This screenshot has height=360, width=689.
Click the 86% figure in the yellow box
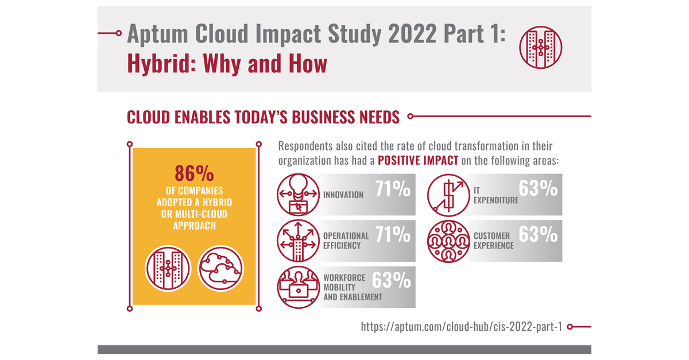coord(194,173)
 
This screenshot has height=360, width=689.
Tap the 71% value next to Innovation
coord(393,189)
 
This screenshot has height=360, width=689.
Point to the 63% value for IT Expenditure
coord(538,188)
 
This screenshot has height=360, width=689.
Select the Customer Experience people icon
coord(447,240)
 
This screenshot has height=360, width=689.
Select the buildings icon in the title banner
coord(540,47)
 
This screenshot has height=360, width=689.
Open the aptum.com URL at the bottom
coord(461,327)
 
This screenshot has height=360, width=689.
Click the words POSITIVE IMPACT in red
coord(418,161)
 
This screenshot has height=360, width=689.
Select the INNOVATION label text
coord(343,195)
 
